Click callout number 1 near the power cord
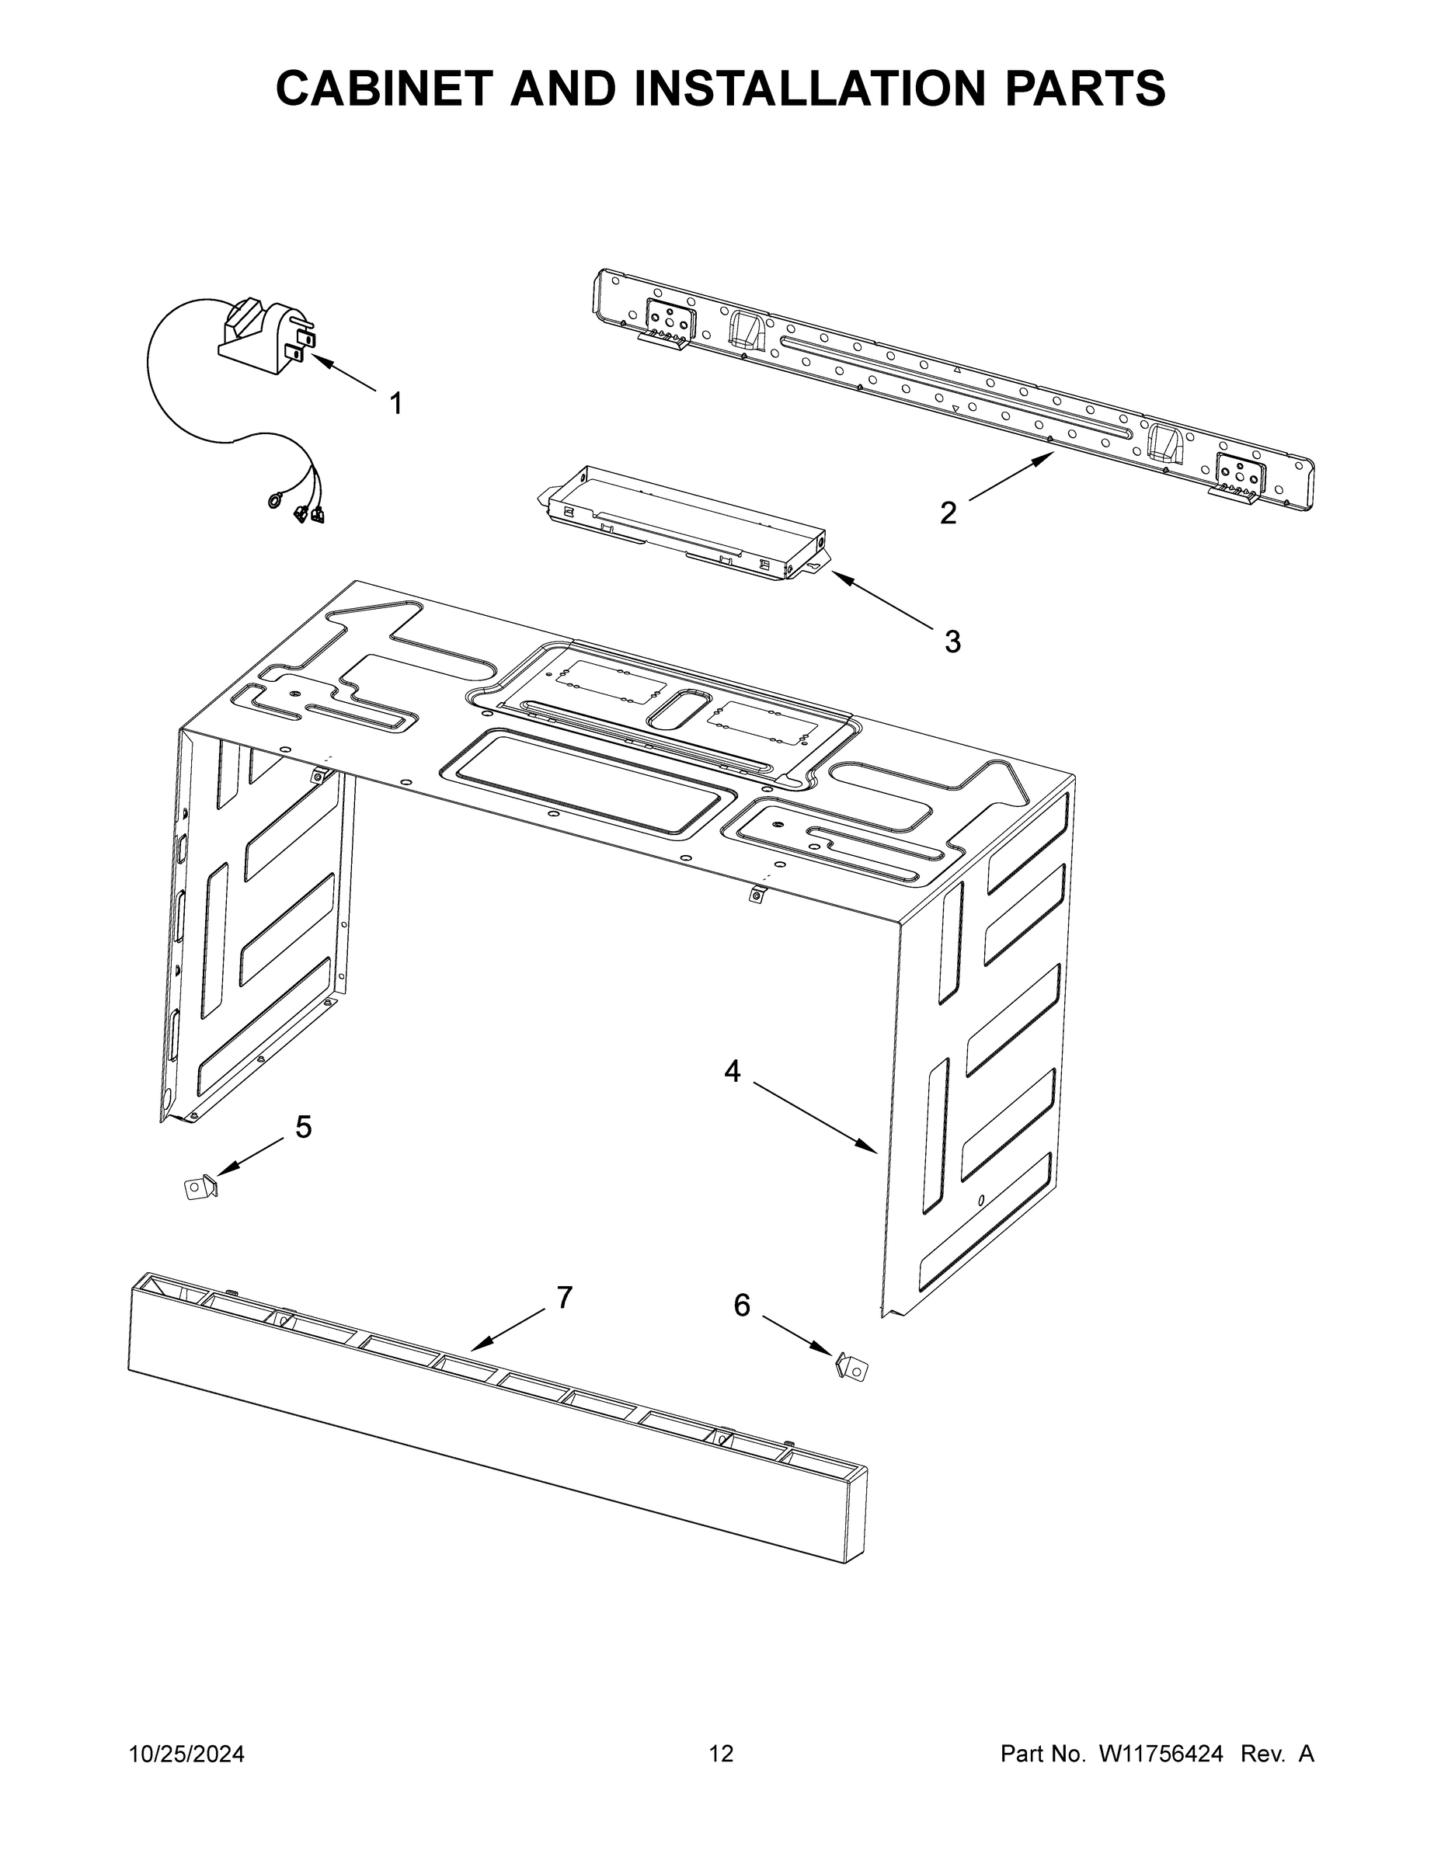[395, 404]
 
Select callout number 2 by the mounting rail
[948, 513]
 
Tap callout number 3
[952, 641]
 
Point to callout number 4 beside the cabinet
[732, 1071]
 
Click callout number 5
[303, 1128]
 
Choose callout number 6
[742, 1305]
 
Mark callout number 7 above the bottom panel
[564, 1297]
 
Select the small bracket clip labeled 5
[200, 1188]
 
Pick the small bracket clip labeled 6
[851, 1368]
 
